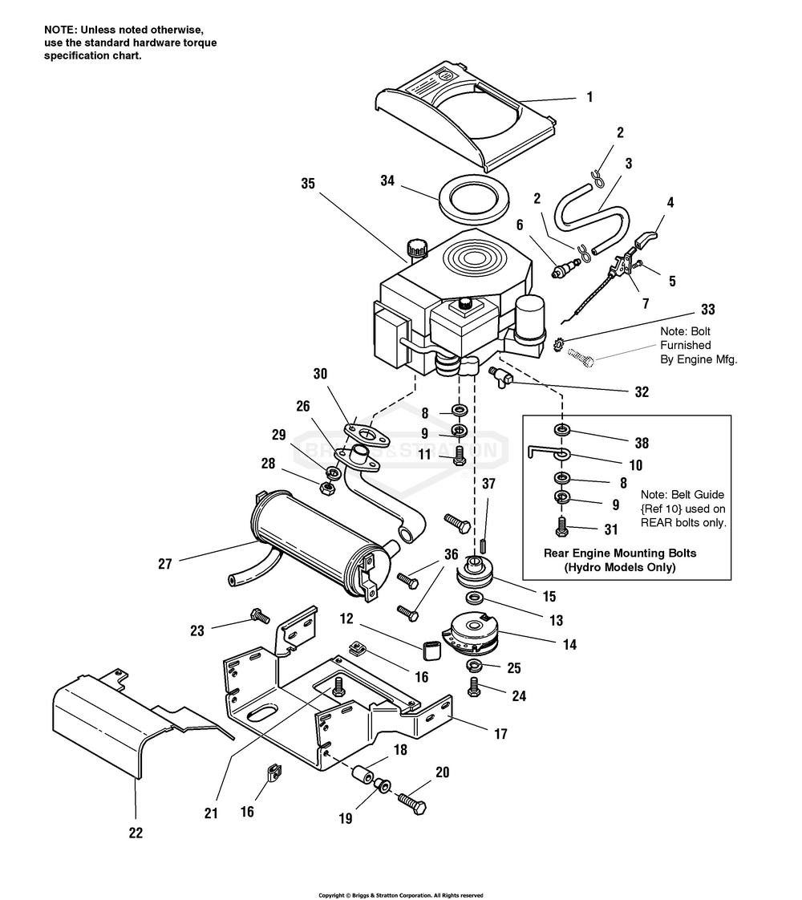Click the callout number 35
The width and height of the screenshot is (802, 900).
coord(308,183)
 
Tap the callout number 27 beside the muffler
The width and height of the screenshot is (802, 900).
coord(165,564)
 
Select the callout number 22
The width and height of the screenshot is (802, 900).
coord(136,833)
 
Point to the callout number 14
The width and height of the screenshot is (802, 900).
coord(569,645)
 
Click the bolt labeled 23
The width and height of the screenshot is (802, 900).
coord(260,617)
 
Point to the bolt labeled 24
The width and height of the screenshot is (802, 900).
coord(473,687)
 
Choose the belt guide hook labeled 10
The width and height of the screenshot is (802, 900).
coord(548,453)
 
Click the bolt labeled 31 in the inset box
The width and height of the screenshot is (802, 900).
coord(561,526)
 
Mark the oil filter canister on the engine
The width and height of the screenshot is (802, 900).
coord(530,320)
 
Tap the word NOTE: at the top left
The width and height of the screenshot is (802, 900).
coord(60,30)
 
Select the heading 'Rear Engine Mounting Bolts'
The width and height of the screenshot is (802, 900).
coord(620,553)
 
